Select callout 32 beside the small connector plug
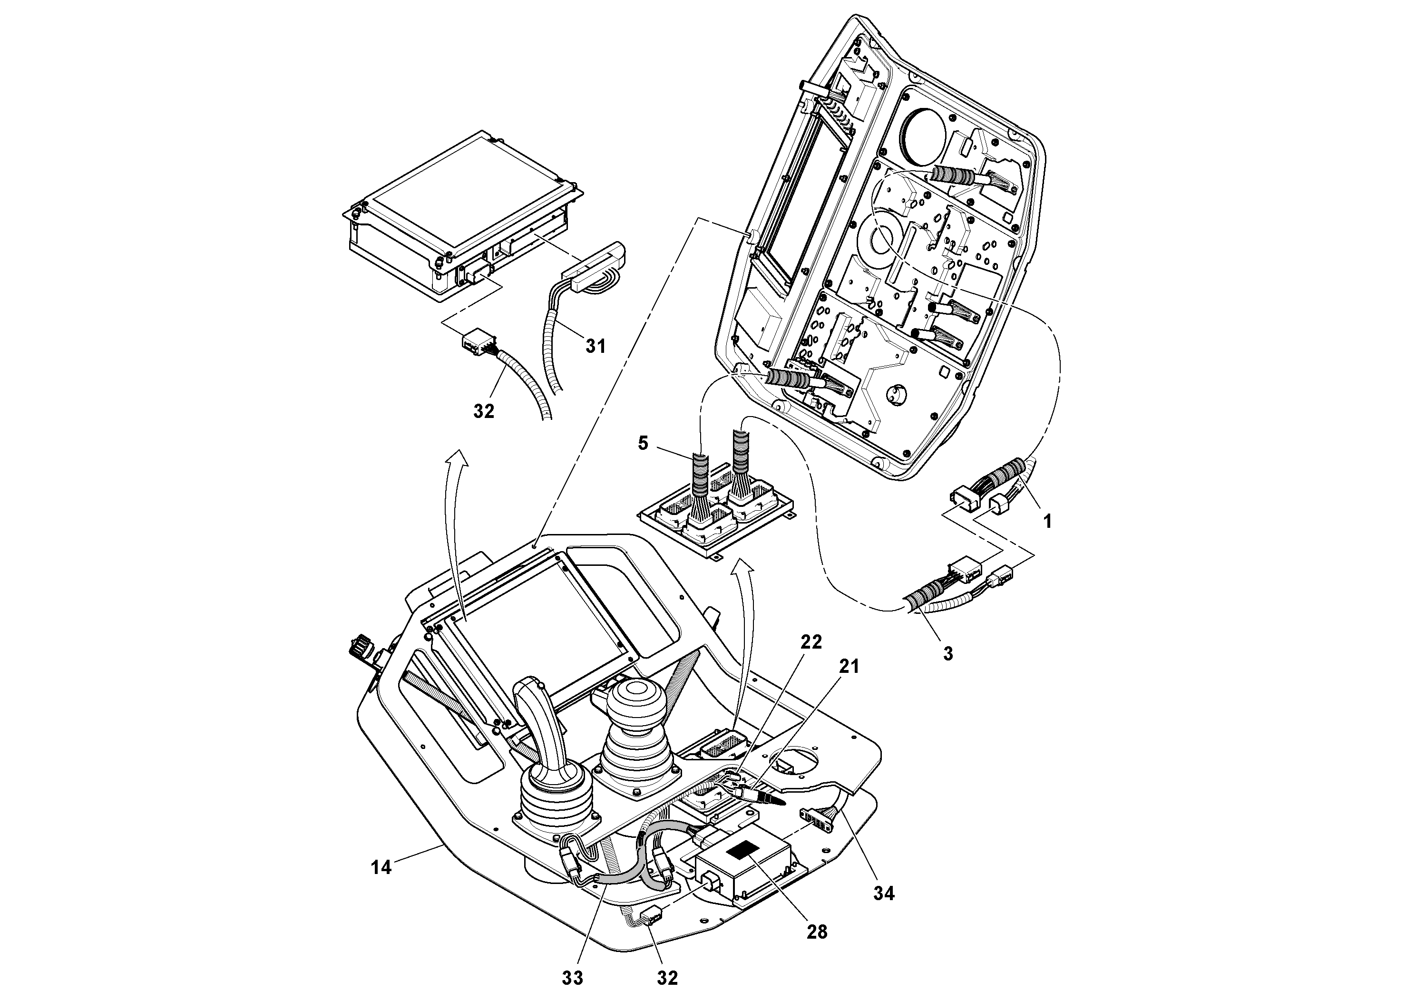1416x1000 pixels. tap(484, 411)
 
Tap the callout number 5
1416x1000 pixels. tap(643, 443)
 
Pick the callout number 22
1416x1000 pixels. tap(811, 642)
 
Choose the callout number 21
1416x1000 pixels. tap(849, 667)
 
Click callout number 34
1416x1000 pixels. tap(883, 893)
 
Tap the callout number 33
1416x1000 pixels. tap(572, 978)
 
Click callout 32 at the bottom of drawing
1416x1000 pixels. tap(667, 978)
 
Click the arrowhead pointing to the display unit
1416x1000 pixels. tap(456, 456)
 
